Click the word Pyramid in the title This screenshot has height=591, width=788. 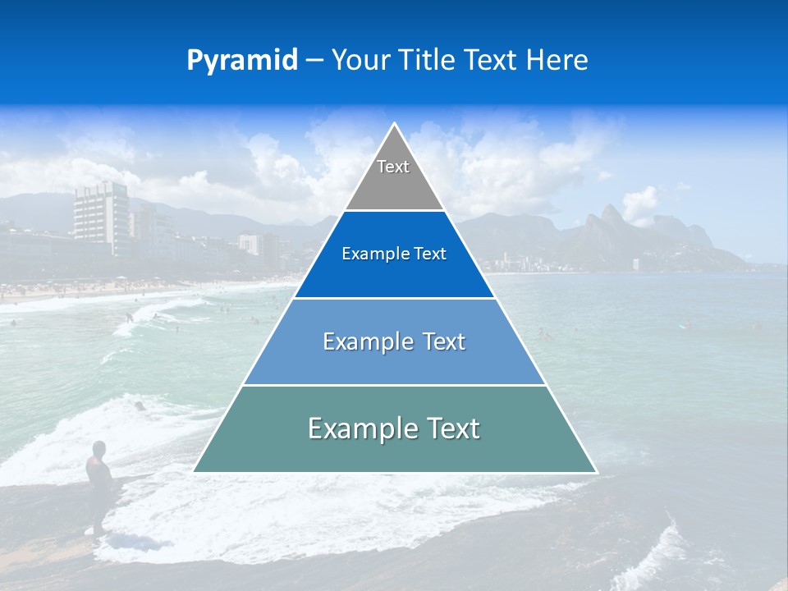[x=242, y=61]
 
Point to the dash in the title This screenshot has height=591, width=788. [x=314, y=61]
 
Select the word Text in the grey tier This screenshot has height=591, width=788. [x=393, y=167]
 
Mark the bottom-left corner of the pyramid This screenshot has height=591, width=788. [x=195, y=471]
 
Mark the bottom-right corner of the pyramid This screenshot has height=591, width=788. [x=596, y=472]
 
